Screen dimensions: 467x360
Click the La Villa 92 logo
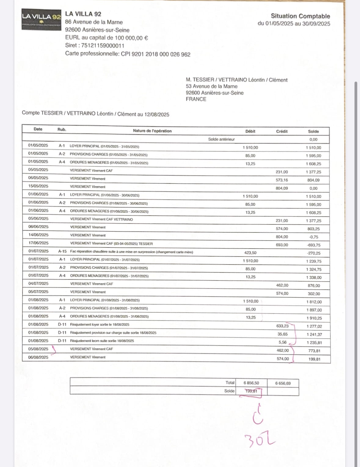click(42, 19)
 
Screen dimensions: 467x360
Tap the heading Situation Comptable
click(300, 16)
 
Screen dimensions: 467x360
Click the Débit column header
click(250, 131)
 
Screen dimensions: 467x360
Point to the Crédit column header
click(282, 131)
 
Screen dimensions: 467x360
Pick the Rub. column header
click(62, 129)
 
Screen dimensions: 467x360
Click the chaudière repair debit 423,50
click(250, 253)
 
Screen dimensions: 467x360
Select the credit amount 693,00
click(282, 245)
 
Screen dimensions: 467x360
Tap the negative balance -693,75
click(314, 245)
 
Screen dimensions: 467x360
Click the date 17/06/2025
click(38, 243)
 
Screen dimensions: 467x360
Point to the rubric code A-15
click(62, 251)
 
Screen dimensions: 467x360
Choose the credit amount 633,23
click(282, 326)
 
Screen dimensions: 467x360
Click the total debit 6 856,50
click(251, 383)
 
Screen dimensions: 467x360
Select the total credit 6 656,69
click(283, 383)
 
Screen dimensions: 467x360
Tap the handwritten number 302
click(260, 441)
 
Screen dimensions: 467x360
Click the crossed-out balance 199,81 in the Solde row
click(251, 391)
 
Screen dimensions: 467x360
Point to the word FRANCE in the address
click(196, 99)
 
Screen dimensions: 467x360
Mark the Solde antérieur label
click(221, 139)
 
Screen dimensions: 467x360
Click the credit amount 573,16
click(282, 180)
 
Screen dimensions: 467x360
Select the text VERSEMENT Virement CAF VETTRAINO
click(101, 219)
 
